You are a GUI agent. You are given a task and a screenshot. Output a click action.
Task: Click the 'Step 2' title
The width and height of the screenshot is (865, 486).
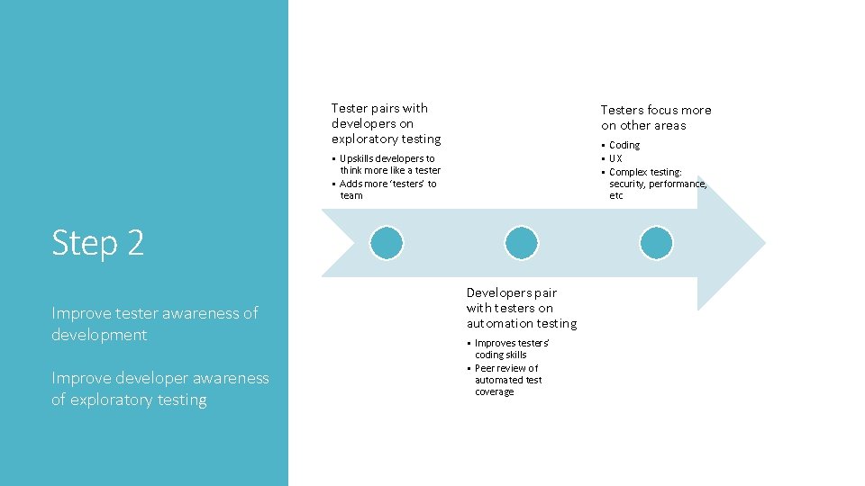[97, 243]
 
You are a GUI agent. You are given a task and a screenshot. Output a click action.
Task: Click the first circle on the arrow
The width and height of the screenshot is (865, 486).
[387, 243]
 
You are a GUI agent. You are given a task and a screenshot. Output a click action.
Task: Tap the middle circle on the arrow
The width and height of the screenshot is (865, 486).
[522, 243]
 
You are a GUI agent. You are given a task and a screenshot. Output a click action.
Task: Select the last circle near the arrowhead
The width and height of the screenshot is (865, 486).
[656, 243]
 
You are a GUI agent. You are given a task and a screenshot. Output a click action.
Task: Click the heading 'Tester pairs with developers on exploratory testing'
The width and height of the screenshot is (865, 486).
[386, 123]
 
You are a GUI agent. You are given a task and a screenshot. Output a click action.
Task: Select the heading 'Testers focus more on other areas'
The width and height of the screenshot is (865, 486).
[656, 118]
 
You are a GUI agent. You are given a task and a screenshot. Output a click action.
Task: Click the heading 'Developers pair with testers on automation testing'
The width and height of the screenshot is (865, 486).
[522, 308]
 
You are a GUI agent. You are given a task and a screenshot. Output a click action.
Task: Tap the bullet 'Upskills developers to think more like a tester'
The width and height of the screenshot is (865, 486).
[389, 164]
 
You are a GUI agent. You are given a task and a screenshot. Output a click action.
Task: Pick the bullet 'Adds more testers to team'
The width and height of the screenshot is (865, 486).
[387, 189]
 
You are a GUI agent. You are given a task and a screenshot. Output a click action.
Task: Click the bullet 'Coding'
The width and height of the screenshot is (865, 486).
[624, 145]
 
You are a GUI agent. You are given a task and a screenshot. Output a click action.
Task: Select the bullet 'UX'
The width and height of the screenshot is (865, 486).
[615, 158]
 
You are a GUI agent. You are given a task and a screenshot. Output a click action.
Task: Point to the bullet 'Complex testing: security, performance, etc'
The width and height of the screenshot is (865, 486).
[657, 184]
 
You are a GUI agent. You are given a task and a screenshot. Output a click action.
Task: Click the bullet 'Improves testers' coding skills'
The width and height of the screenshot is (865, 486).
[511, 348]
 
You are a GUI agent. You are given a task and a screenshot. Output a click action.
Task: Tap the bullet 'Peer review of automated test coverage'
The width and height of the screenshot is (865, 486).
[506, 380]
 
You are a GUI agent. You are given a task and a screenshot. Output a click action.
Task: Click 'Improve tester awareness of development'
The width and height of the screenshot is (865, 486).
[154, 323]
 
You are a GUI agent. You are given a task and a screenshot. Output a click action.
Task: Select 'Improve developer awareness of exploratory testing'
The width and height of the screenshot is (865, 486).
[159, 389]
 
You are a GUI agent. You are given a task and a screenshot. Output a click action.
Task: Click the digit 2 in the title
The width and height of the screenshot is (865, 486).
[135, 243]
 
